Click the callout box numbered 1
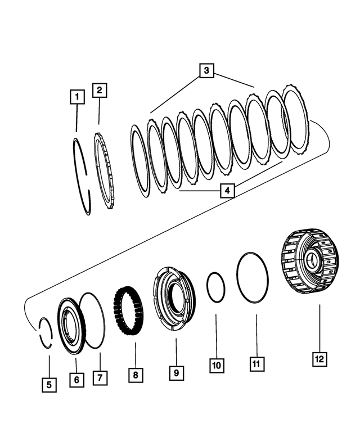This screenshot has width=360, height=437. click(x=77, y=97)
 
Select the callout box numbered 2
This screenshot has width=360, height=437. click(x=99, y=89)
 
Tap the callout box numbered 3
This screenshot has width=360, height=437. click(x=206, y=70)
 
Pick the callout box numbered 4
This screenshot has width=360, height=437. click(x=226, y=191)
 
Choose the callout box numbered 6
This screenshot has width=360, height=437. click(x=77, y=380)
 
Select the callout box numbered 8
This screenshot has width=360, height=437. click(x=136, y=375)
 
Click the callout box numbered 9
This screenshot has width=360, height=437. click(x=175, y=372)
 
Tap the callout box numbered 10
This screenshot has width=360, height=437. click(x=216, y=366)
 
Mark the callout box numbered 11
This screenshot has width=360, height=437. click(x=256, y=363)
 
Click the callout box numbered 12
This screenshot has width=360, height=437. click(x=319, y=358)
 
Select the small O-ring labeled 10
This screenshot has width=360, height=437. click(x=215, y=287)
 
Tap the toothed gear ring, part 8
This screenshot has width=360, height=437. click(x=129, y=312)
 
